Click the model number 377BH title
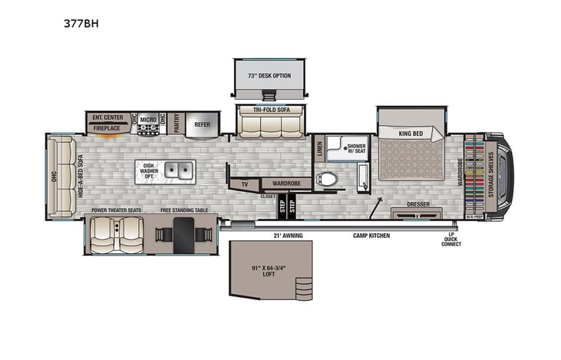pyautogui.click(x=81, y=24)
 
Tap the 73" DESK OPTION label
pyautogui.click(x=268, y=76)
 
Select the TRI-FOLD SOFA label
pyautogui.click(x=269, y=110)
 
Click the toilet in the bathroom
pyautogui.click(x=328, y=180)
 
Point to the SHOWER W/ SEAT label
pyautogui.click(x=356, y=147)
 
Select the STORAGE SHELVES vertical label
pyautogui.click(x=492, y=176)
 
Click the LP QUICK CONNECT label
pyautogui.click(x=452, y=240)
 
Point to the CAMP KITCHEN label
pyautogui.click(x=371, y=235)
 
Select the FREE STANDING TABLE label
pyautogui.click(x=183, y=210)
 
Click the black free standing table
pyautogui.click(x=183, y=234)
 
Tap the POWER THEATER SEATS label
pyautogui.click(x=116, y=210)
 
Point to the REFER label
pyautogui.click(x=202, y=124)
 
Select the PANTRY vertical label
pyautogui.click(x=176, y=124)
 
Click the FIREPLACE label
pyautogui.click(x=107, y=128)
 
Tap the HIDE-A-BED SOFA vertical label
pyautogui.click(x=81, y=176)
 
